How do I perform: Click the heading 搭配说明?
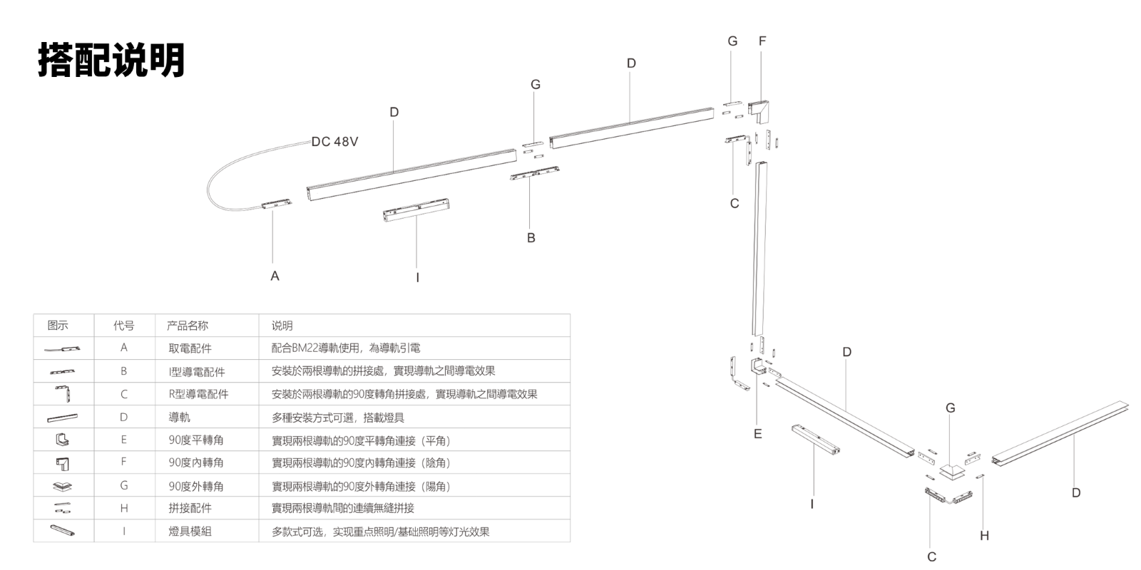pyautogui.click(x=111, y=59)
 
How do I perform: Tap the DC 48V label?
pyautogui.click(x=334, y=142)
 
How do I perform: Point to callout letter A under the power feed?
pyautogui.click(x=275, y=276)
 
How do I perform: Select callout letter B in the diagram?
pyautogui.click(x=531, y=238)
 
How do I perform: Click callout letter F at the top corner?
pyautogui.click(x=762, y=41)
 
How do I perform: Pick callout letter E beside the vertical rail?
pyautogui.click(x=757, y=433)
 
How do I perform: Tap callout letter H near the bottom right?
pyautogui.click(x=984, y=536)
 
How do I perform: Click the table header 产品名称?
pyautogui.click(x=188, y=326)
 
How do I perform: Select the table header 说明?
pyautogui.click(x=282, y=326)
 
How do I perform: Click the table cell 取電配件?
pyautogui.click(x=190, y=348)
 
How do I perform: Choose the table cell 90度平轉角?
pyautogui.click(x=195, y=440)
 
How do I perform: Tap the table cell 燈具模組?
pyautogui.click(x=190, y=532)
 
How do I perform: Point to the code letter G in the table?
pyautogui.click(x=124, y=486)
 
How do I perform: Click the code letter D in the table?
pyautogui.click(x=124, y=418)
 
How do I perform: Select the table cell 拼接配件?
pyautogui.click(x=190, y=509)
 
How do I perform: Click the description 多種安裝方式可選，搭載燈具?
pyautogui.click(x=338, y=418)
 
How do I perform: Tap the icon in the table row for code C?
pyautogui.click(x=63, y=393)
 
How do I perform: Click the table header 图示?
pyautogui.click(x=58, y=326)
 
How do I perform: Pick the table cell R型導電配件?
pyautogui.click(x=198, y=394)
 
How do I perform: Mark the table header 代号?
pyautogui.click(x=124, y=326)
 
